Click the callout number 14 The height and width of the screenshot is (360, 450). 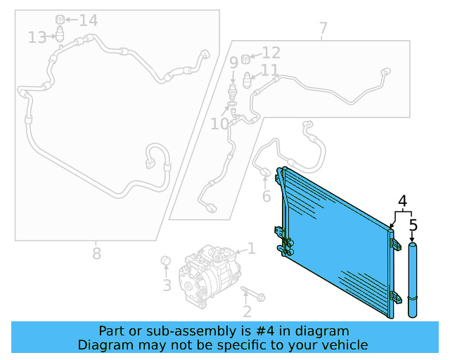click(x=88, y=20)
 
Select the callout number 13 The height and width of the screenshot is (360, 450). click(x=37, y=37)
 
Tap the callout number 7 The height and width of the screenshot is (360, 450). click(x=323, y=30)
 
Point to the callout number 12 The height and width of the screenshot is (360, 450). click(x=271, y=53)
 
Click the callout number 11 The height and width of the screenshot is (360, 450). click(x=269, y=70)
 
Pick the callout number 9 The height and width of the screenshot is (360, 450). click(x=233, y=63)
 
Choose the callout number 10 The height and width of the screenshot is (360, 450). click(x=219, y=124)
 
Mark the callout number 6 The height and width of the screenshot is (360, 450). click(x=266, y=197)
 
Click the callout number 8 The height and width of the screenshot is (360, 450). click(x=96, y=252)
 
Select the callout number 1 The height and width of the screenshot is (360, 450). click(x=251, y=248)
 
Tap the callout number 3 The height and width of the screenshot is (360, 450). click(x=167, y=285)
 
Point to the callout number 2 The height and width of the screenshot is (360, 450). click(x=247, y=311)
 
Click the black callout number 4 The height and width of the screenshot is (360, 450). click(x=403, y=202)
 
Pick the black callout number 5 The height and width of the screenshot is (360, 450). click(x=413, y=226)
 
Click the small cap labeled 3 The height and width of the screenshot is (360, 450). click(x=167, y=262)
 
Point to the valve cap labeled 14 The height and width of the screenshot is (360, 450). click(x=60, y=18)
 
